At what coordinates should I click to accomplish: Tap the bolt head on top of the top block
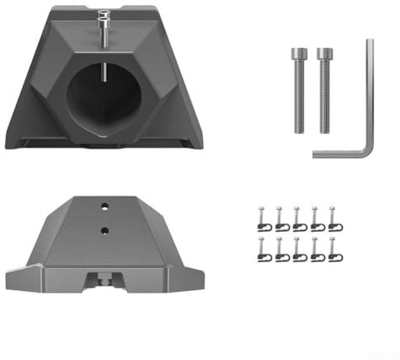click(104, 16)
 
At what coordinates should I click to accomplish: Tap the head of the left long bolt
click(296, 54)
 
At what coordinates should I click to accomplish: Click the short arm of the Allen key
click(340, 152)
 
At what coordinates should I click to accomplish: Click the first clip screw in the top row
click(263, 218)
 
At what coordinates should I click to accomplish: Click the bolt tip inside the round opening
click(104, 73)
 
